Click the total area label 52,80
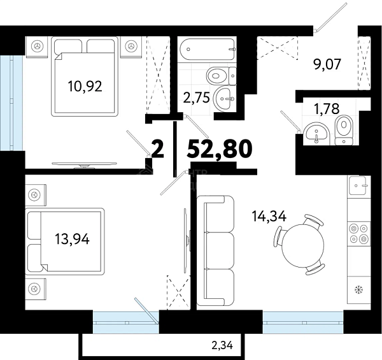click(x=219, y=148)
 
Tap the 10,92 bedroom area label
click(x=85, y=86)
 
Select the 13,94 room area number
click(x=72, y=238)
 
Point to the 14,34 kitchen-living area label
click(x=269, y=216)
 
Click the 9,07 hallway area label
click(x=327, y=64)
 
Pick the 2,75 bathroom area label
click(x=197, y=98)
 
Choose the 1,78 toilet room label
click(x=327, y=109)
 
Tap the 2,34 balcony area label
click(x=222, y=345)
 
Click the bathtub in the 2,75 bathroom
click(x=208, y=49)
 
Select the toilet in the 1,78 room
click(x=344, y=130)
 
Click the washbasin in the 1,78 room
click(x=316, y=134)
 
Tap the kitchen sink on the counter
click(x=358, y=185)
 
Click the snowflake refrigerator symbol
click(x=358, y=289)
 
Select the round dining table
click(x=303, y=245)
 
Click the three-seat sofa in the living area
click(x=215, y=250)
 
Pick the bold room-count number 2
click(x=158, y=148)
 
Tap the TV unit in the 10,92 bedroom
click(x=84, y=164)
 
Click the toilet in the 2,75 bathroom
click(x=222, y=76)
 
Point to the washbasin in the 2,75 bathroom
click(x=225, y=99)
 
